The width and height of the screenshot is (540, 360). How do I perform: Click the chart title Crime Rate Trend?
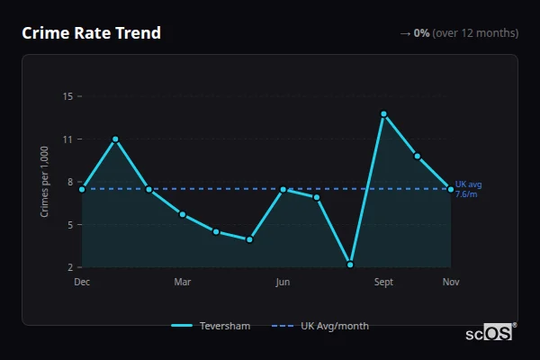(x=91, y=33)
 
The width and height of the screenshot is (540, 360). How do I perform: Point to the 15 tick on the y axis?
(x=67, y=95)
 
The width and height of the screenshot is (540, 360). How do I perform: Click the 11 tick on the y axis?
(x=67, y=139)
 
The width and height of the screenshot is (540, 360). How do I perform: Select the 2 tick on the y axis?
(x=69, y=267)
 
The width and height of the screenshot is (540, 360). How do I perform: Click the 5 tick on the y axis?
(x=69, y=224)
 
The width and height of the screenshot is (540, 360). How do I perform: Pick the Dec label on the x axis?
(x=82, y=283)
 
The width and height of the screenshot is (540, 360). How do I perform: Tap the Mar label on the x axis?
(x=183, y=283)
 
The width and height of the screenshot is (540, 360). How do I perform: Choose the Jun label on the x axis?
(x=283, y=283)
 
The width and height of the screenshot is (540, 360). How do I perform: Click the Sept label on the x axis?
(x=383, y=283)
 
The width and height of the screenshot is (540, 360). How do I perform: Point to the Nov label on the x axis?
(x=451, y=283)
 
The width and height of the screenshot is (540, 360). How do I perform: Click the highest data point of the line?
(x=383, y=114)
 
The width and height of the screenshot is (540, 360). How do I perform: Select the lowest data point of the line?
(x=350, y=265)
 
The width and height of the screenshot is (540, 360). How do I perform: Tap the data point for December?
(x=82, y=189)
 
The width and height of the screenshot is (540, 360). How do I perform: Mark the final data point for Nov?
(x=451, y=189)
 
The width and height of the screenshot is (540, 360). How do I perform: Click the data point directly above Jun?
(x=283, y=190)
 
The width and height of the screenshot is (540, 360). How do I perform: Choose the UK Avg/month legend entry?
(x=321, y=326)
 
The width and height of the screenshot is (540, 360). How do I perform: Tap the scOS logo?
(x=490, y=332)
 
